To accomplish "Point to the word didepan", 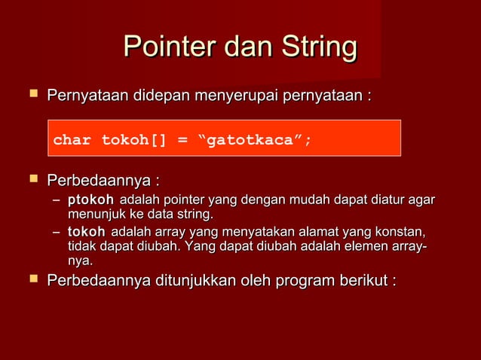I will click(162, 96).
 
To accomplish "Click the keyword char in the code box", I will click(72, 139).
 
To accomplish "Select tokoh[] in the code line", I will click(133, 139).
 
